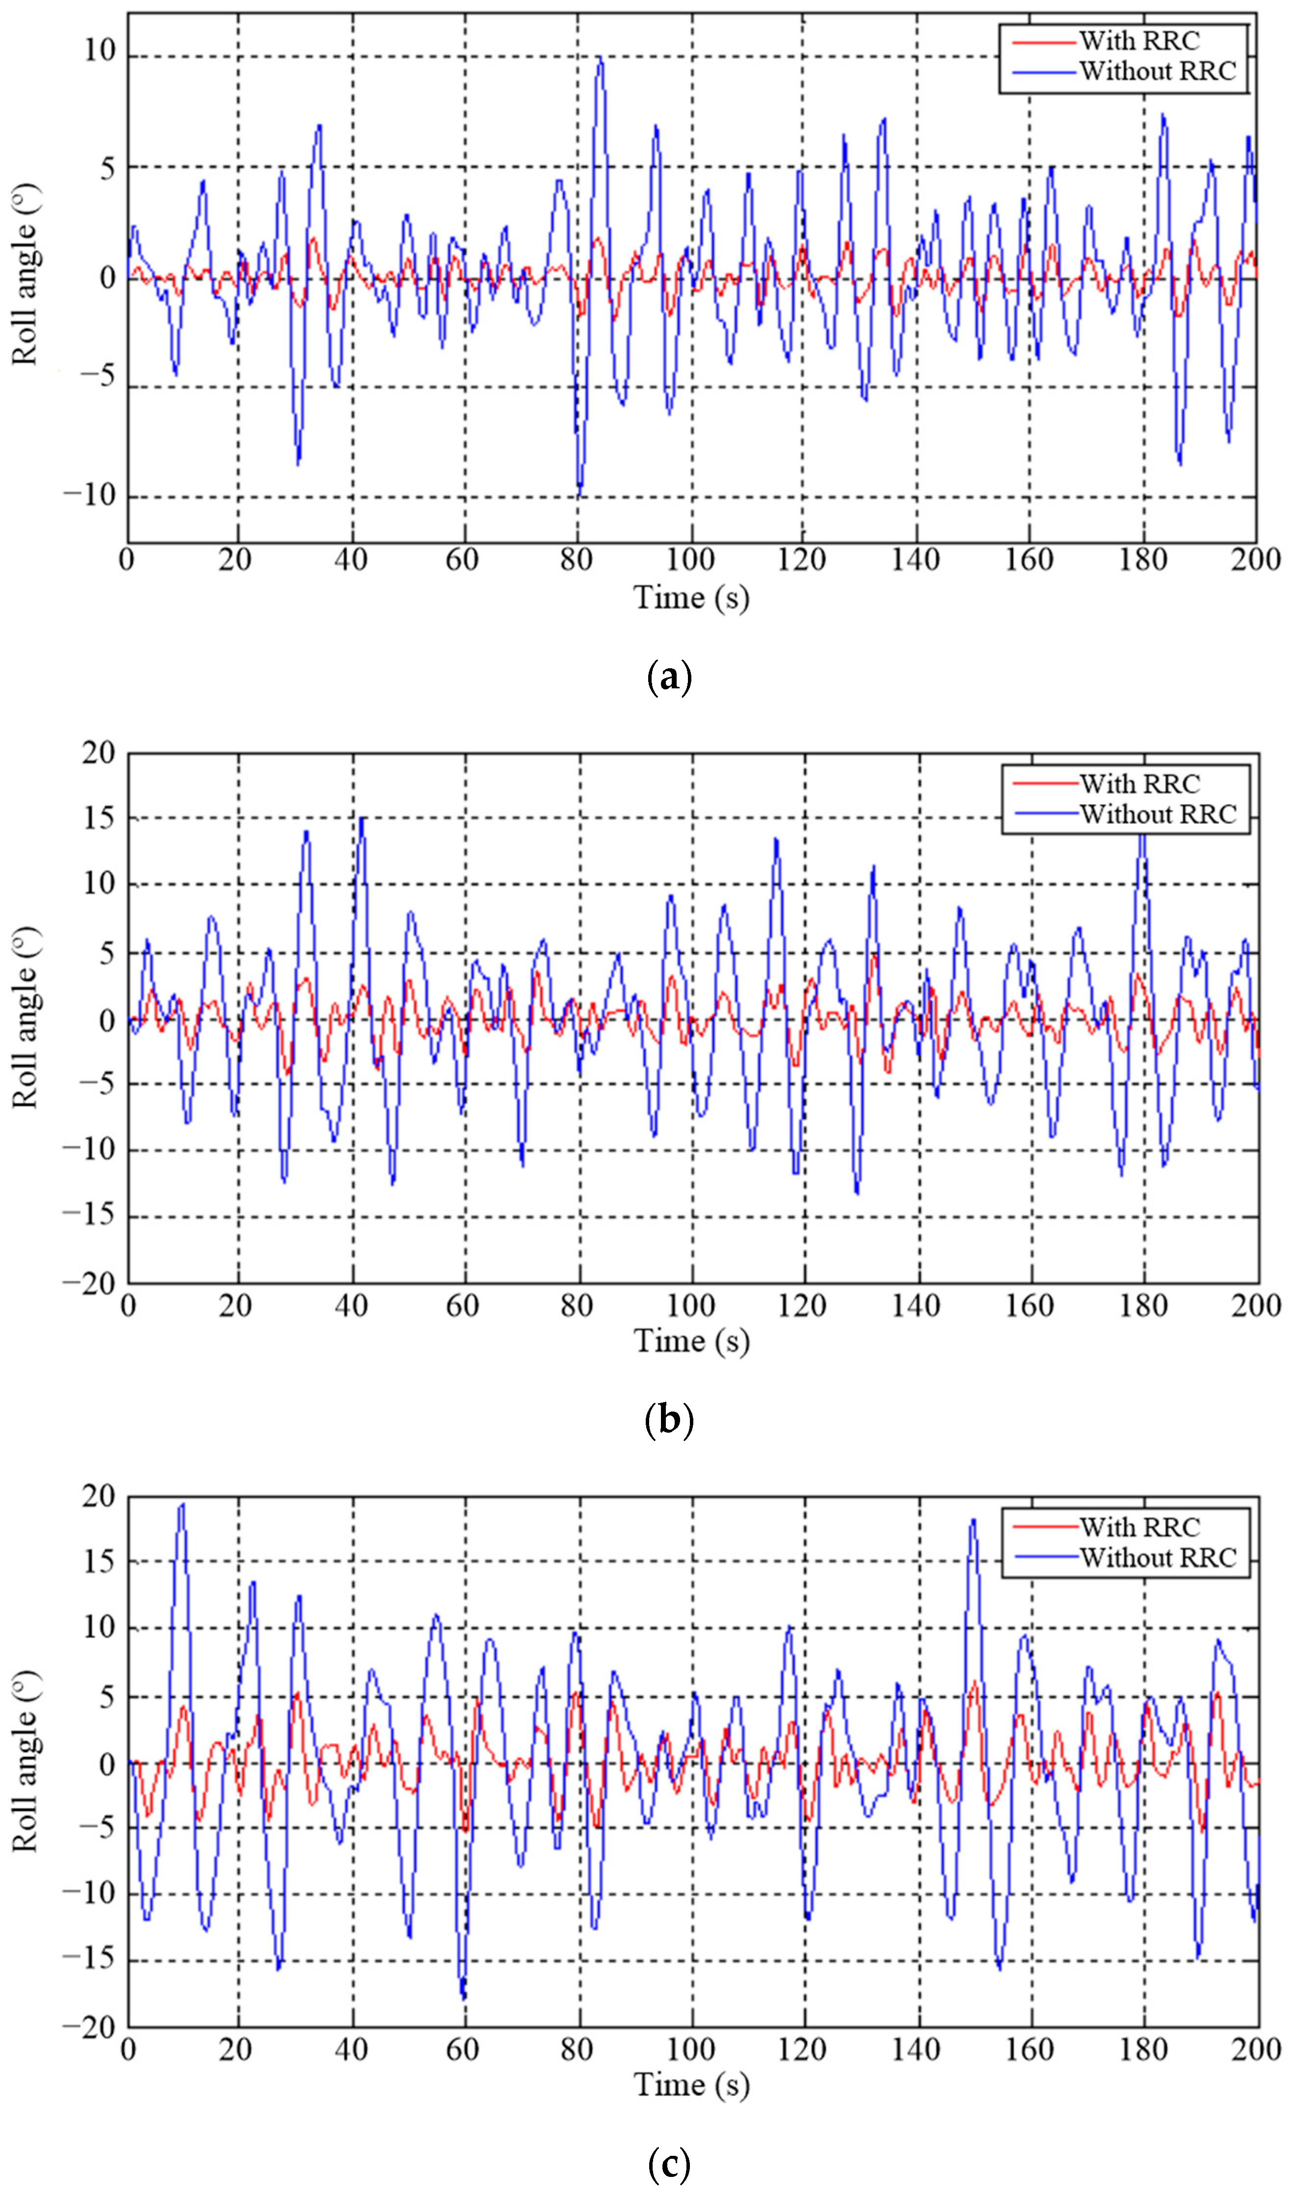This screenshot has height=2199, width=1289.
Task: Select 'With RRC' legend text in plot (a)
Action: pyautogui.click(x=1139, y=41)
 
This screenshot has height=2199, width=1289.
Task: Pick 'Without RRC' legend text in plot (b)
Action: pyautogui.click(x=1158, y=814)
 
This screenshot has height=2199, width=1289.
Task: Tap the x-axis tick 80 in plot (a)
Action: pyautogui.click(x=577, y=559)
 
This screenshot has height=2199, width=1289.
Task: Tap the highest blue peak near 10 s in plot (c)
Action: pyautogui.click(x=182, y=1503)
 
